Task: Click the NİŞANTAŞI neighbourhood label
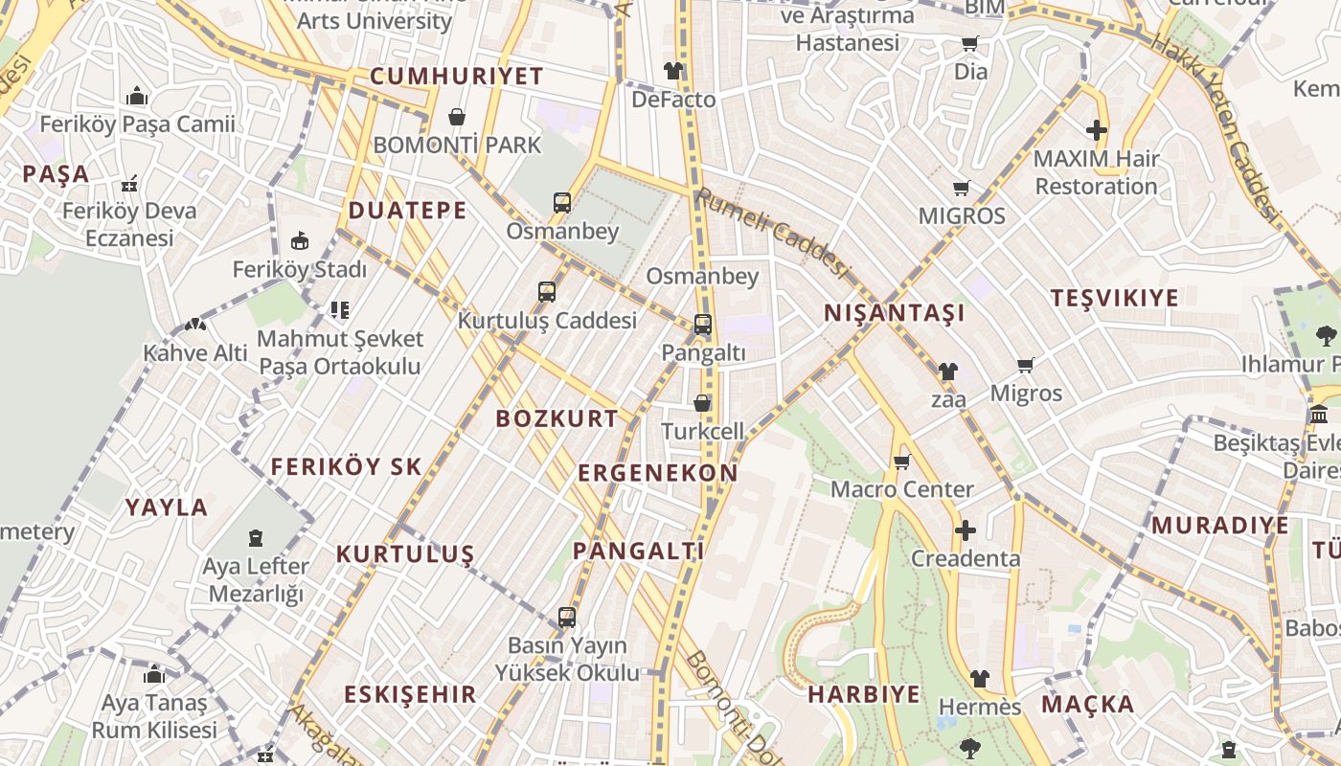894,313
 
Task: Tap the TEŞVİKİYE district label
1114,298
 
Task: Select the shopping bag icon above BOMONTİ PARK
457,117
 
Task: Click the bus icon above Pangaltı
702,325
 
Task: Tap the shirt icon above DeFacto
673,71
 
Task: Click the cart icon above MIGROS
961,189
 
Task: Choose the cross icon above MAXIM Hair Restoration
1097,130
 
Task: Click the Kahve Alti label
195,352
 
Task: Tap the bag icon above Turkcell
702,403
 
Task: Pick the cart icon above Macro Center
901,462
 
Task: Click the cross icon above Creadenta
966,530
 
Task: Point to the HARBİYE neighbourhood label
863,694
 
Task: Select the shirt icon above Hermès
979,679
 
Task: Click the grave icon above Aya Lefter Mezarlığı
256,538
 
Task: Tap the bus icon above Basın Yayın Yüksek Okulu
567,618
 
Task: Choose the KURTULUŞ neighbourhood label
405,554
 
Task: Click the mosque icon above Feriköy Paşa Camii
137,97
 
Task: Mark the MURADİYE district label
1219,525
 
